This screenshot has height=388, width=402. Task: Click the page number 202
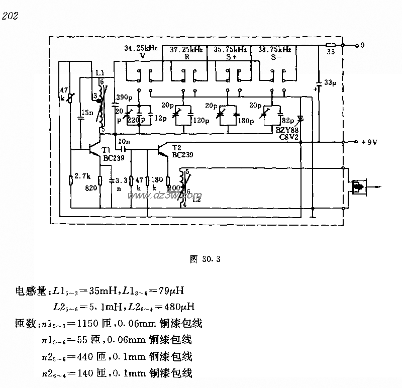click(x=10, y=17)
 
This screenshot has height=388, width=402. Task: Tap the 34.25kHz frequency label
click(x=141, y=49)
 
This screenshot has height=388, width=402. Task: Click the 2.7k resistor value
click(x=82, y=177)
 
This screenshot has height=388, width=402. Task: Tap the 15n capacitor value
click(x=88, y=113)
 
